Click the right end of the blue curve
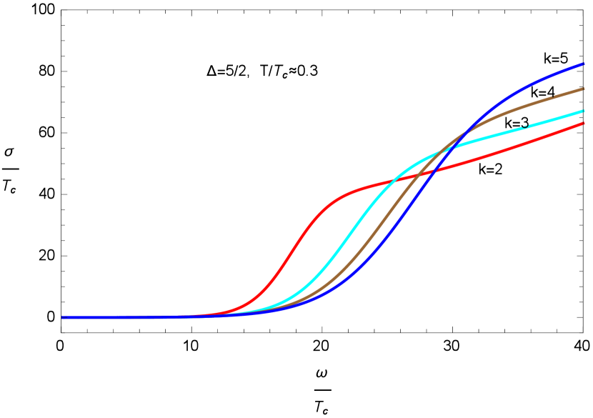(584, 64)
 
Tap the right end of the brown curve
(584, 89)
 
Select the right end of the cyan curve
(584, 111)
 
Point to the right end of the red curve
(584, 124)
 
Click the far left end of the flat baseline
(63, 317)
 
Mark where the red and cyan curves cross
(394, 181)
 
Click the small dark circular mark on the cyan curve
(525, 125)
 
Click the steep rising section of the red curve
(293, 250)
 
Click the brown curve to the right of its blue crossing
(514, 107)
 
